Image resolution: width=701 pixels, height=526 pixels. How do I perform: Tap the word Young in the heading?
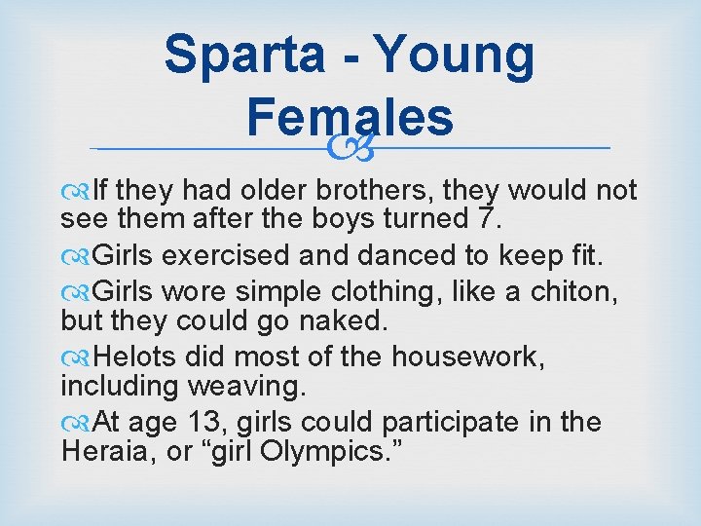tap(455, 56)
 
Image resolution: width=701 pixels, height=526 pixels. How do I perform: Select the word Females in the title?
tap(350, 117)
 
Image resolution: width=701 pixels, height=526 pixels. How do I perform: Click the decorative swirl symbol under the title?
tap(350, 148)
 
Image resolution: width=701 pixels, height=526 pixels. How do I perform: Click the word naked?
tap(309, 320)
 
